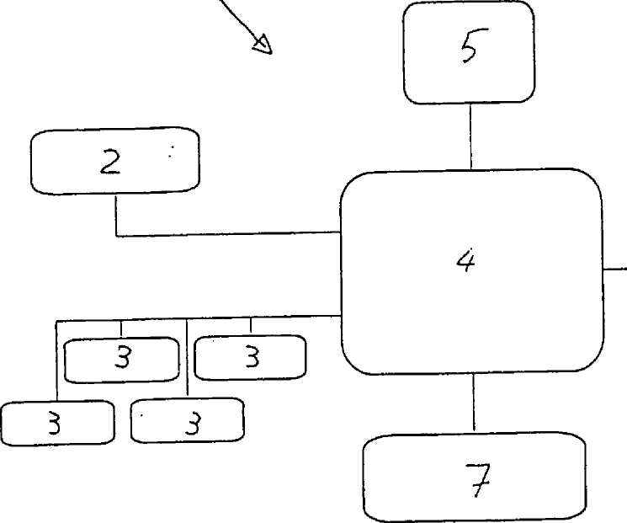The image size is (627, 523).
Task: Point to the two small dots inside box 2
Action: tap(172, 152)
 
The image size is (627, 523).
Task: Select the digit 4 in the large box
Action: tap(465, 261)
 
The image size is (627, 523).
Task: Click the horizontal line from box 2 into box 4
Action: tap(227, 234)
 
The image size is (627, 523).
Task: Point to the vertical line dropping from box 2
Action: tap(115, 214)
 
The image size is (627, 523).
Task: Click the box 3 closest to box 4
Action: tap(250, 358)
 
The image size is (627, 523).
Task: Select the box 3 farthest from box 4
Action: tap(56, 422)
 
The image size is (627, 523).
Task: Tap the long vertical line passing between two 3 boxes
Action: tap(186, 359)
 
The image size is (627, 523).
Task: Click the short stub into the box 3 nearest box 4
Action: tap(250, 326)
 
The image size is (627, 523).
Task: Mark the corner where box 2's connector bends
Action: tap(115, 234)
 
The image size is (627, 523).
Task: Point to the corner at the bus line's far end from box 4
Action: tap(56, 321)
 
